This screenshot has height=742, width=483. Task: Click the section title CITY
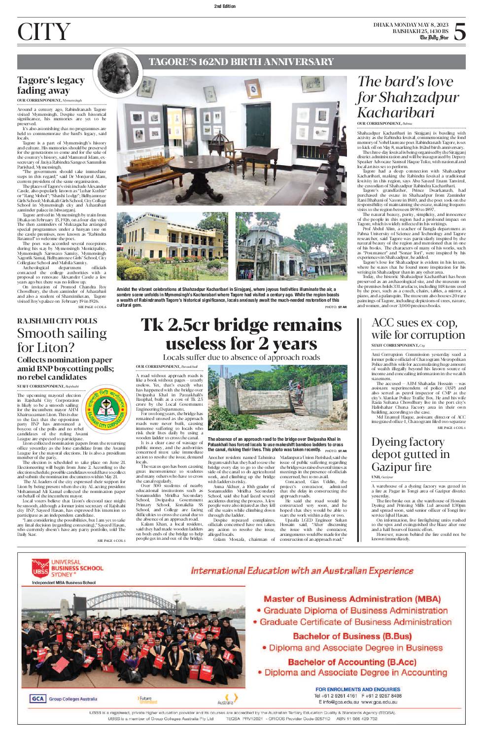pyautogui.click(x=43, y=32)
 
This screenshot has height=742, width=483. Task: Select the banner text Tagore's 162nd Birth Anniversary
pyautogui.click(x=241, y=62)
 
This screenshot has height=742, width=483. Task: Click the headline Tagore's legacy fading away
pyautogui.click(x=51, y=85)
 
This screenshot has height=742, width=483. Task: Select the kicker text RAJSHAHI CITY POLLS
pyautogui.click(x=57, y=321)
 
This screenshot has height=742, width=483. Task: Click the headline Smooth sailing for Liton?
pyautogui.click(x=62, y=340)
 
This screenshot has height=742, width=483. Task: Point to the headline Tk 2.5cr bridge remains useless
pyautogui.click(x=241, y=334)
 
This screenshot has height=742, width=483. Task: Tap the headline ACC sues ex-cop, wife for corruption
pyautogui.click(x=418, y=329)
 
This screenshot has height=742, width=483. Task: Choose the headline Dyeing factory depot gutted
pyautogui.click(x=410, y=454)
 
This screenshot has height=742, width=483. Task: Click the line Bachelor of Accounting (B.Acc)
pyautogui.click(x=352, y=662)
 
